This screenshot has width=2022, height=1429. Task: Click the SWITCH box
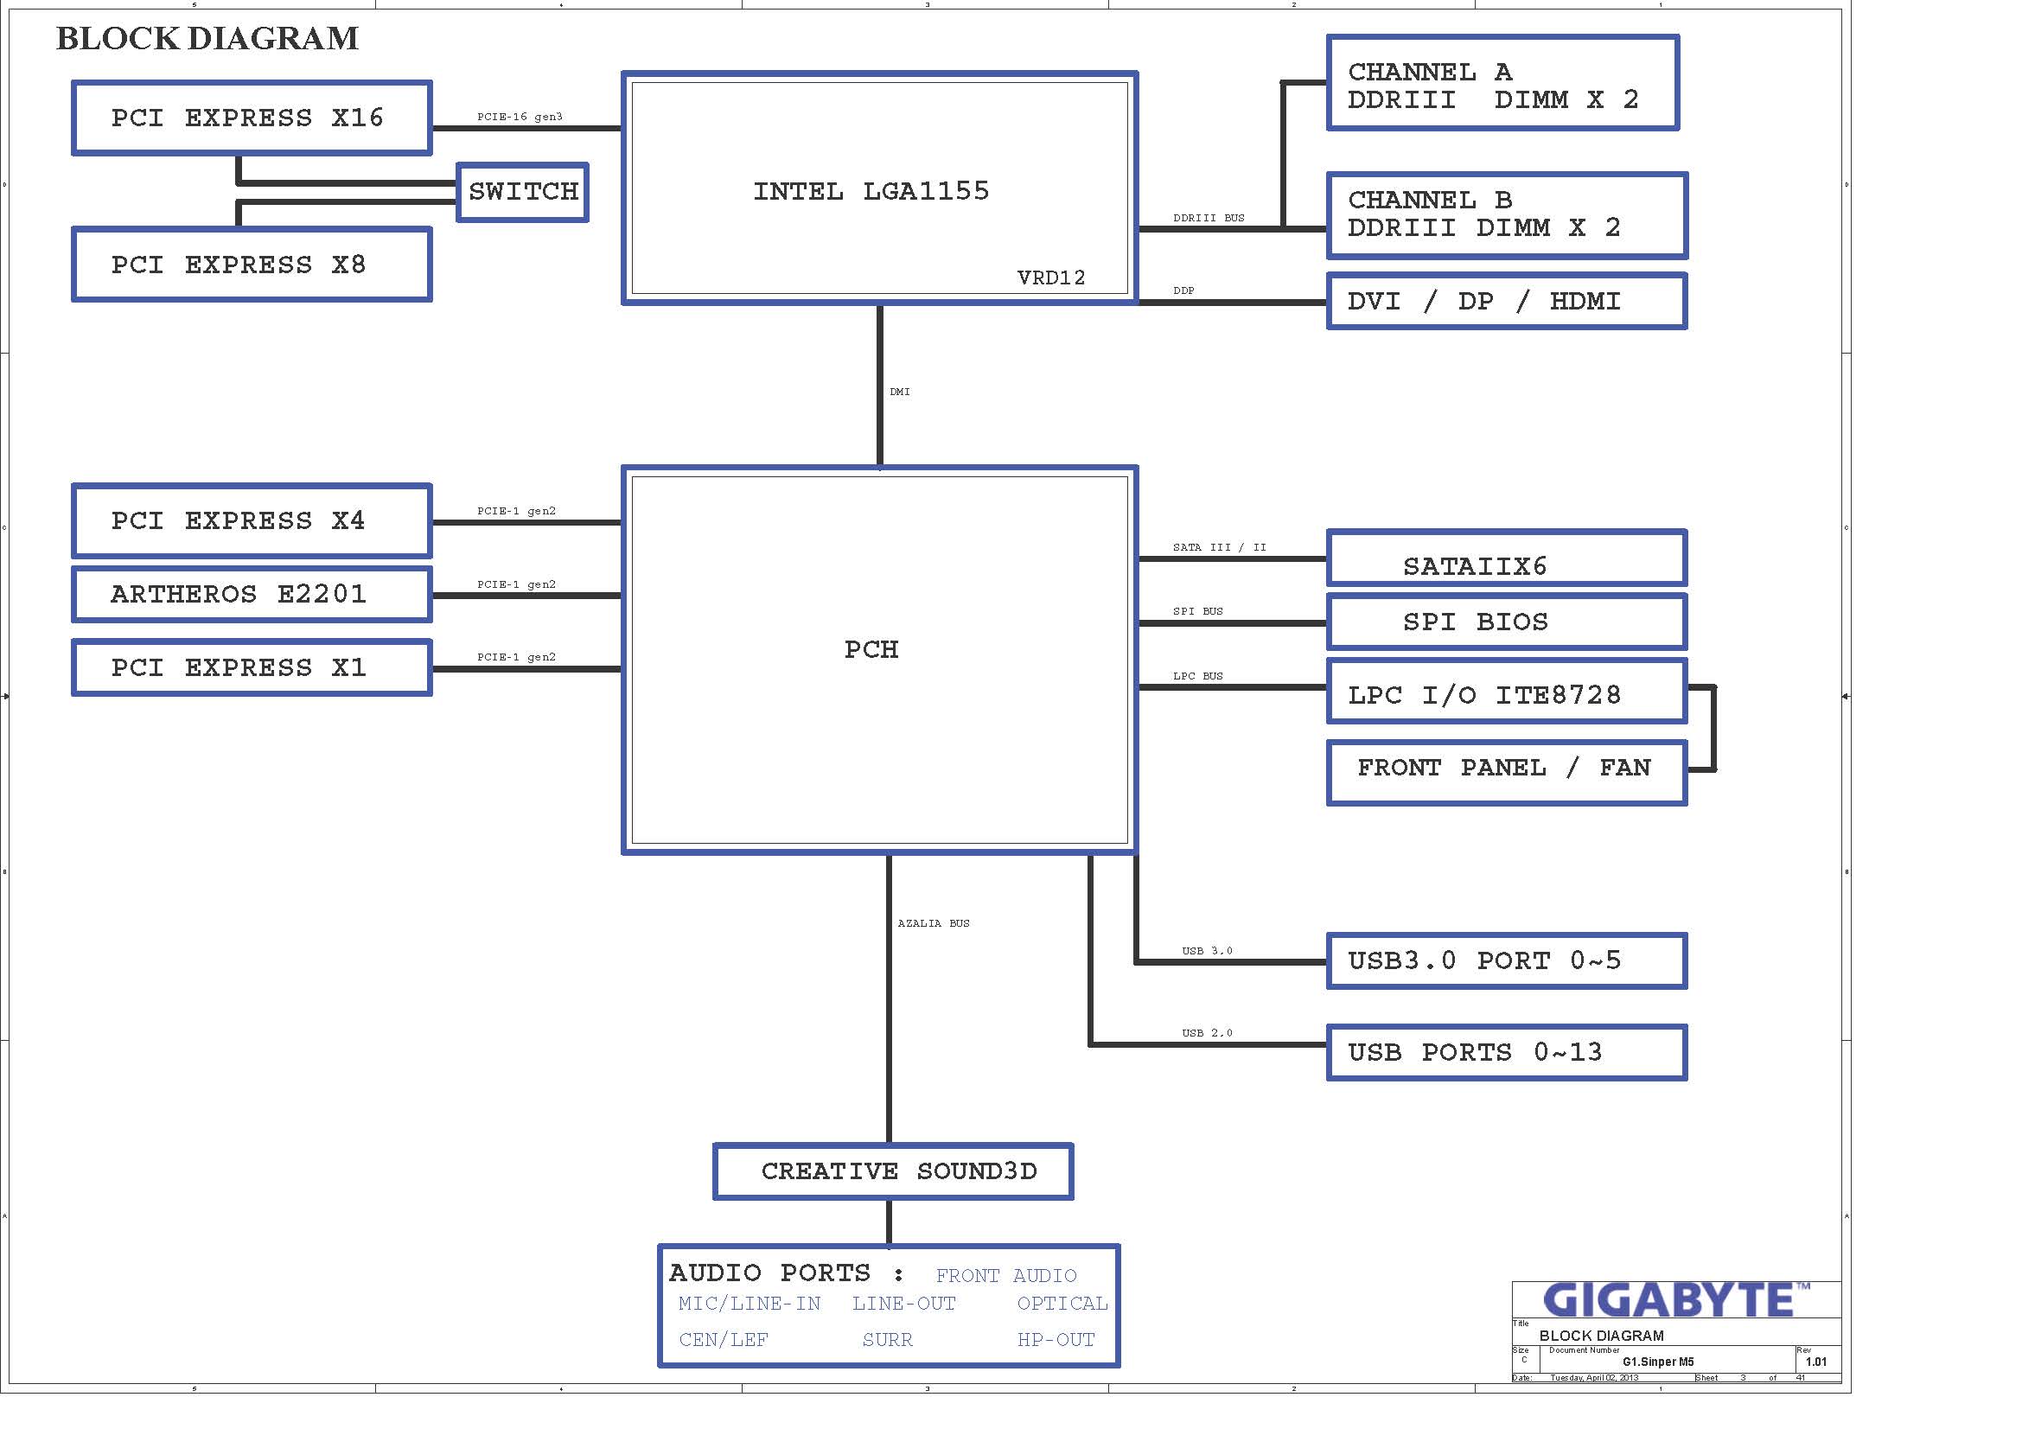coord(522,192)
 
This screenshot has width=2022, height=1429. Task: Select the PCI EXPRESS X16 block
coord(252,118)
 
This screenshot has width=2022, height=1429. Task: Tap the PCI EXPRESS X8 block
coord(252,265)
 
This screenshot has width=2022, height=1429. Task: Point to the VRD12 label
coord(1050,278)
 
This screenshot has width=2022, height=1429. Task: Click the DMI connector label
coord(899,392)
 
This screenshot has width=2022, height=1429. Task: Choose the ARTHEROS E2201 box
coord(252,594)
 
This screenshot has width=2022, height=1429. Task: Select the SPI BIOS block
coord(1506,622)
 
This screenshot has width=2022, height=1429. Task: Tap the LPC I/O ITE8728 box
coord(1506,695)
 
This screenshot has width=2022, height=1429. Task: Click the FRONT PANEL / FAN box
coord(1506,771)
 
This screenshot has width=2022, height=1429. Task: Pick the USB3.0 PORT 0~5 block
coord(1506,960)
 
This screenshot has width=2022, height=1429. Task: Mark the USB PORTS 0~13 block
coord(1506,1052)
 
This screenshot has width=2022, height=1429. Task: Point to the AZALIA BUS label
coord(933,923)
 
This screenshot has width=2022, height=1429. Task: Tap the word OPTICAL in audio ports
coord(1062,1304)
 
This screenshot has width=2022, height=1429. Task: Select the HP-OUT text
coord(1055,1340)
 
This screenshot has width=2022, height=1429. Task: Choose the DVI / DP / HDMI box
coord(1506,301)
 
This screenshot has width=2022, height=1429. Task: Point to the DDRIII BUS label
coord(1209,219)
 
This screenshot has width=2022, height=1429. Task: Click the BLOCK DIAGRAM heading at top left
coord(207,39)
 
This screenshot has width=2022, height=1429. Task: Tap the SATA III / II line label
coord(1219,547)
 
